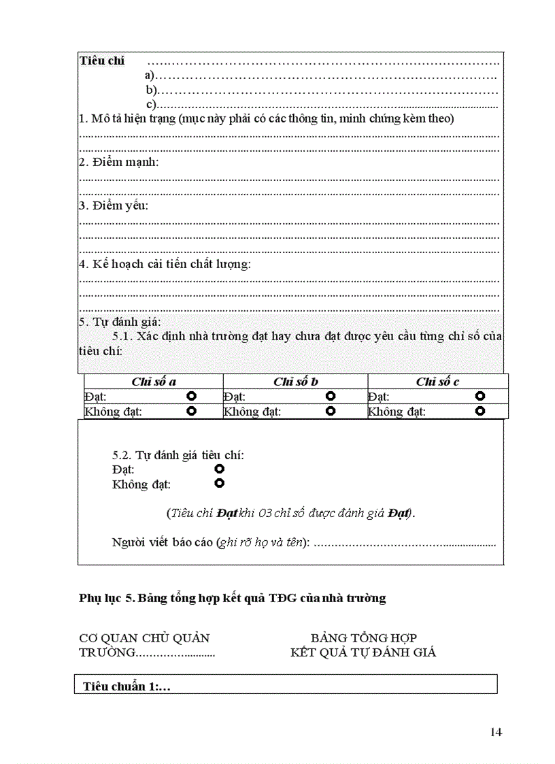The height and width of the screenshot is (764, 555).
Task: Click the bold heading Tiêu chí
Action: tap(102, 61)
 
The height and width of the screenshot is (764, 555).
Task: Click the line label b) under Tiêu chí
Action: tap(151, 90)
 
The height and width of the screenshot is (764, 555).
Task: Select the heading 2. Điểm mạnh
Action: tap(119, 162)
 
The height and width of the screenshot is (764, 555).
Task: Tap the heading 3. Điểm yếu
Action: tap(114, 205)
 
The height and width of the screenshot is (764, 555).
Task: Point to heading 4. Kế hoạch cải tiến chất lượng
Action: tap(165, 264)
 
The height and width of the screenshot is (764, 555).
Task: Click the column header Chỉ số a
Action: tap(154, 382)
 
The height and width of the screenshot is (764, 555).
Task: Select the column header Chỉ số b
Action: tap(296, 382)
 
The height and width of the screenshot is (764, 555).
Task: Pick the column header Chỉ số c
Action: tap(437, 382)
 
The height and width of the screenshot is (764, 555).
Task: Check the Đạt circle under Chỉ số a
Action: tap(192, 396)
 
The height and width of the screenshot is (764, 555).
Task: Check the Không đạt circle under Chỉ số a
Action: tap(192, 411)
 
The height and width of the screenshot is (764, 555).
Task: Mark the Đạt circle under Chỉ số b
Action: tap(331, 396)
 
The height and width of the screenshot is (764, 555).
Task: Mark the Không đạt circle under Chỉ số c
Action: tap(481, 411)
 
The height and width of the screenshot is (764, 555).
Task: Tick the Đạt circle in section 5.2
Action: tap(219, 469)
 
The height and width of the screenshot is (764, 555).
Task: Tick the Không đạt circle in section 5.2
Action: tap(219, 484)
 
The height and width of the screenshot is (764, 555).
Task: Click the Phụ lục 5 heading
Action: tap(232, 598)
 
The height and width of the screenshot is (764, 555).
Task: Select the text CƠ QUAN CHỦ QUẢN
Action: tap(144, 638)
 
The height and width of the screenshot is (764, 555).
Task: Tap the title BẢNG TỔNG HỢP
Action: tap(363, 638)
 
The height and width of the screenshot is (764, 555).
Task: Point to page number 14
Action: tap(496, 732)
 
